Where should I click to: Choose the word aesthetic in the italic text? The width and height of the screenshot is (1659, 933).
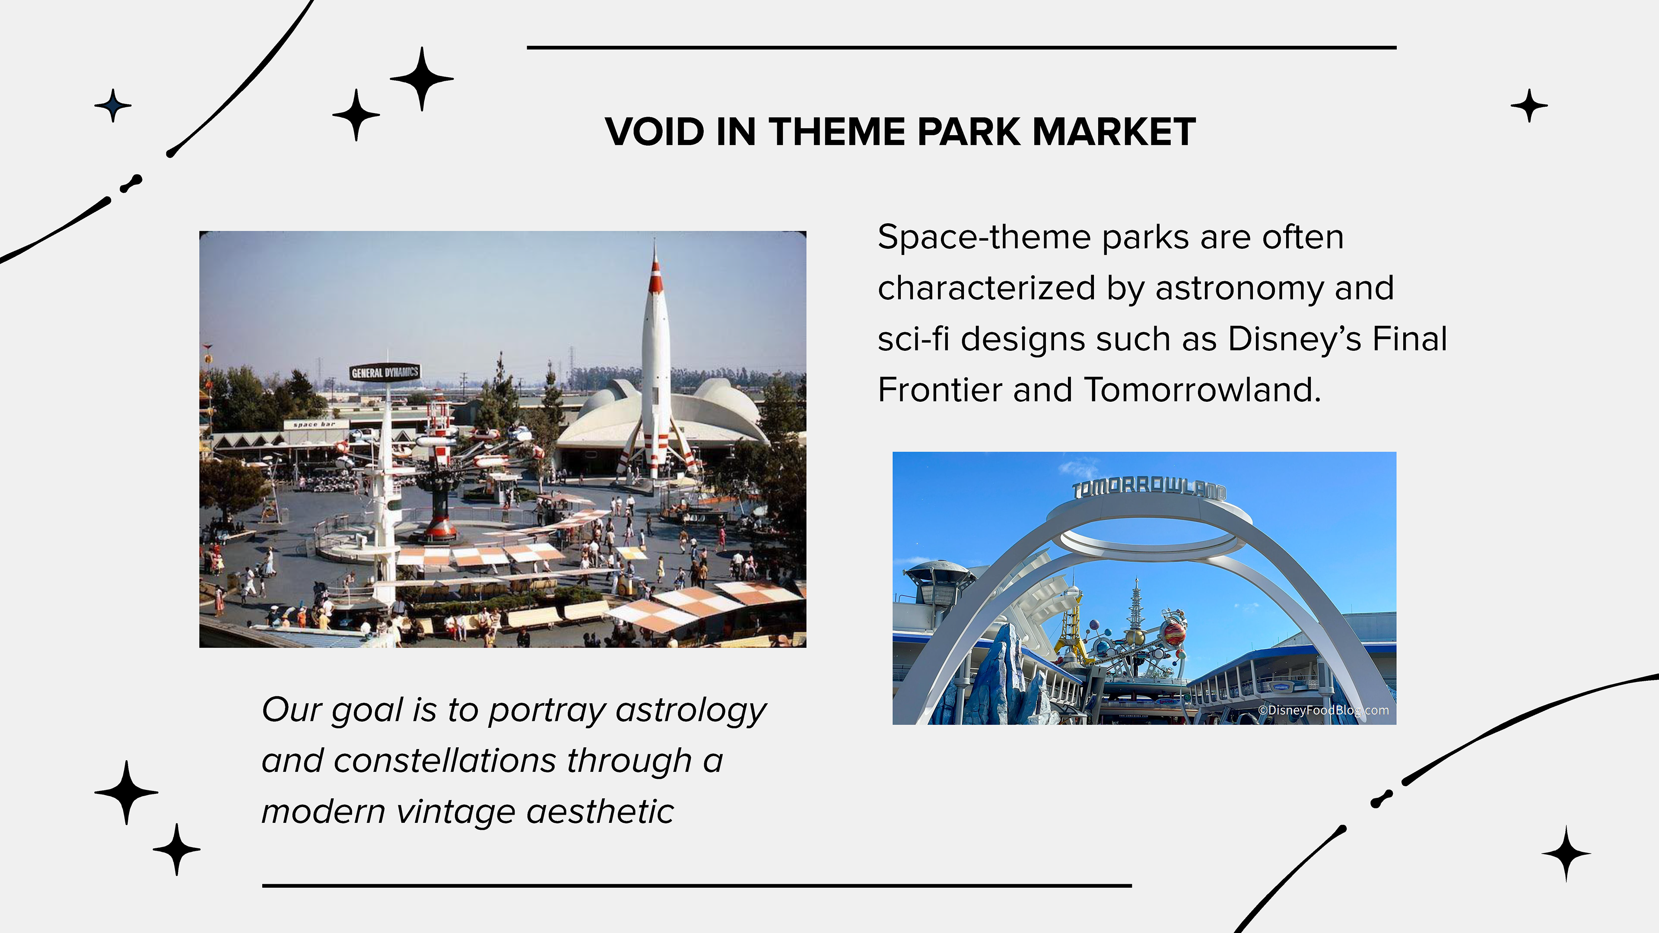tap(600, 811)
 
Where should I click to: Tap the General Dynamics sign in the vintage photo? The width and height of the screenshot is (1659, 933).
tap(385, 372)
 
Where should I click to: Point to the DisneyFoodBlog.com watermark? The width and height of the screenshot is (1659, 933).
tap(1323, 710)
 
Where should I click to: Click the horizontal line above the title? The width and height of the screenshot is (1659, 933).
tap(962, 48)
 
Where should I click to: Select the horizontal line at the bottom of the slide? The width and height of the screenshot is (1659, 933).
tap(697, 886)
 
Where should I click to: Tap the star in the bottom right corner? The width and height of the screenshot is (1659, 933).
tap(1566, 854)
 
